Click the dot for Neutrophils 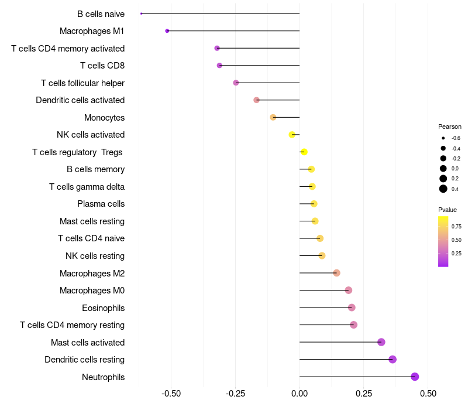[415, 377]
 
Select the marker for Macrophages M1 [167, 30]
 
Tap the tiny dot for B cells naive [142, 13]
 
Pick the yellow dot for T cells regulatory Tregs [304, 152]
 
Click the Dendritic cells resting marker [393, 360]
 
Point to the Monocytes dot [273, 117]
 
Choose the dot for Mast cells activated [381, 342]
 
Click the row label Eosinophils [103, 307]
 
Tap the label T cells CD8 [102, 66]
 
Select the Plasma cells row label [101, 204]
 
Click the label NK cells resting [95, 256]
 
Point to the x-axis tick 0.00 [300, 393]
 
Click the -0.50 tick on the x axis [171, 393]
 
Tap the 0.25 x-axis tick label [364, 393]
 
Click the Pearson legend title [450, 127]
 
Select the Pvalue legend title [448, 210]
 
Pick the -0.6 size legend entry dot [443, 138]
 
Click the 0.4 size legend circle [443, 189]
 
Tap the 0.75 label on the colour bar [456, 227]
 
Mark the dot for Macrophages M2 [336, 273]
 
